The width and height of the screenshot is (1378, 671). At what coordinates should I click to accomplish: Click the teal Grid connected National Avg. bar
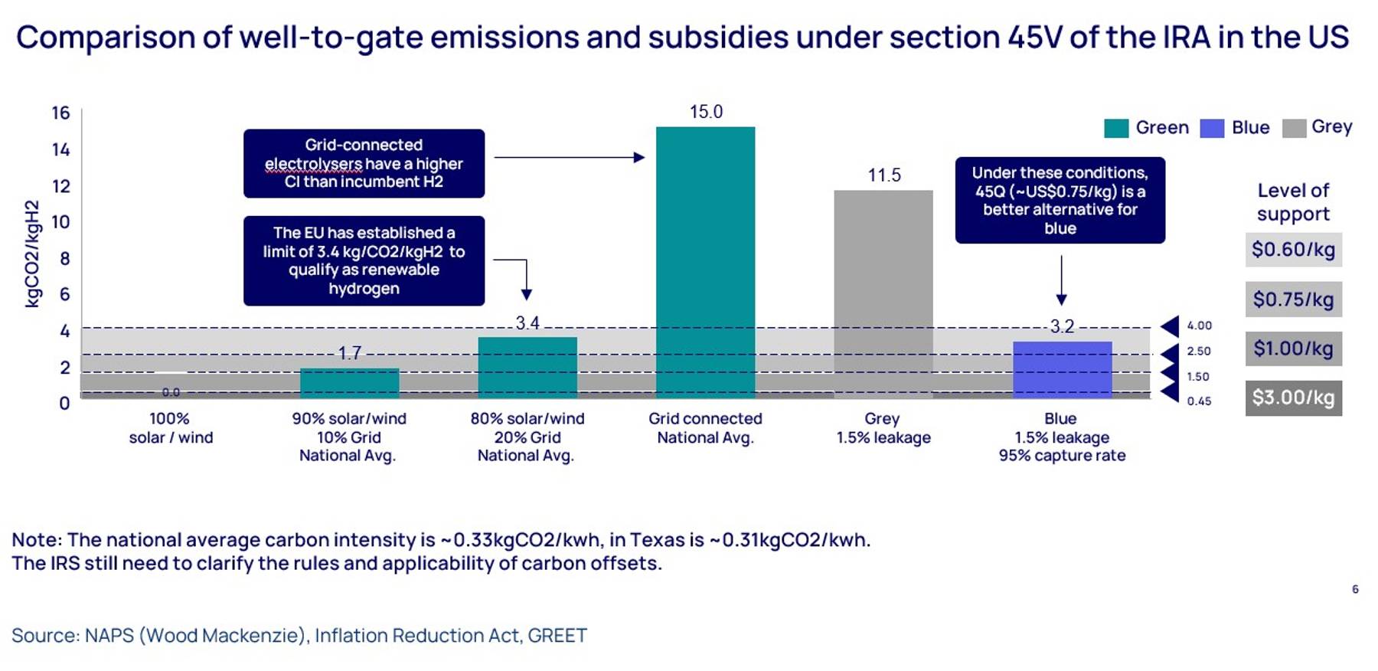(705, 263)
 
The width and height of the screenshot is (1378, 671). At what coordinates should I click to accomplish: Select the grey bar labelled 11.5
(883, 294)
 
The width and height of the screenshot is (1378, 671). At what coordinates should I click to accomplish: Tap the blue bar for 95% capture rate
(1062, 370)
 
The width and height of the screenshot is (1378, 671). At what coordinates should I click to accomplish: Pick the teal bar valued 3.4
(527, 368)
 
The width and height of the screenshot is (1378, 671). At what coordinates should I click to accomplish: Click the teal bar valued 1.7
(349, 383)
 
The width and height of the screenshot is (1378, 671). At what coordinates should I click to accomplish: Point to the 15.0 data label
(706, 112)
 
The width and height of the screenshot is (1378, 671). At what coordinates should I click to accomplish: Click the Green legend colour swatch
(1116, 128)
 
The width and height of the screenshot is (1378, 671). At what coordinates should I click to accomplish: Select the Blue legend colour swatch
(1212, 128)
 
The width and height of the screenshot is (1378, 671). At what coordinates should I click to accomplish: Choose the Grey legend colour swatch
(1294, 128)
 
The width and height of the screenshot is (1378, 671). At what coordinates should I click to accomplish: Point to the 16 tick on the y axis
(60, 113)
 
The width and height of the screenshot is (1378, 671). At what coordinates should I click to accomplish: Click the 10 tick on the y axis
(60, 222)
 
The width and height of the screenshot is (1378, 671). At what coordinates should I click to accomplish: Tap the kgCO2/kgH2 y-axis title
(32, 254)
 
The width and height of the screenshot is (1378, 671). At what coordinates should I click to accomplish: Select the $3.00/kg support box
(1294, 398)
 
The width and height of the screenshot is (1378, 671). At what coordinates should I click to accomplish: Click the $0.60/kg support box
(1294, 250)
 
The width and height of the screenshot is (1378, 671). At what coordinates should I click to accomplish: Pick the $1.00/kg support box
(1294, 349)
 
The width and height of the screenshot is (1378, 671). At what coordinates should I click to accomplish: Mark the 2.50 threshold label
(1199, 351)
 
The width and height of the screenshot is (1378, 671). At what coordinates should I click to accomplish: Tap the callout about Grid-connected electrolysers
(364, 163)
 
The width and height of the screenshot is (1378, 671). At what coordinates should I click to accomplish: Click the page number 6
(1355, 589)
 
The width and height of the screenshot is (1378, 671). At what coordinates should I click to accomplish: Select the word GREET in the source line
(557, 636)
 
